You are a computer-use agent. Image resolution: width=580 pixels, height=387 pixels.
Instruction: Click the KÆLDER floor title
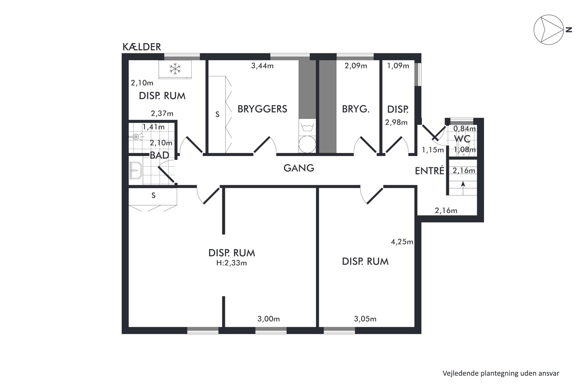point(142,47)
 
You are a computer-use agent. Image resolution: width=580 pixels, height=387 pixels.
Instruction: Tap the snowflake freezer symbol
point(175,69)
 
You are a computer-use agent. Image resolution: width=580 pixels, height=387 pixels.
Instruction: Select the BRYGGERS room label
point(262,109)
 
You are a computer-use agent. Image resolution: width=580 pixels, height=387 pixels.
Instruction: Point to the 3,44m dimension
point(262,66)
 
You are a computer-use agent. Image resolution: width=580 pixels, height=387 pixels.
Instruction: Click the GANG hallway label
point(299,168)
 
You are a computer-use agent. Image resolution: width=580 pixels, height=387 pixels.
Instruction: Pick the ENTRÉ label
point(430,171)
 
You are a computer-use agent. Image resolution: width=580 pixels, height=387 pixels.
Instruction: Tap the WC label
point(462,139)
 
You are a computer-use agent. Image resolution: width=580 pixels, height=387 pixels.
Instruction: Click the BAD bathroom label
point(159,155)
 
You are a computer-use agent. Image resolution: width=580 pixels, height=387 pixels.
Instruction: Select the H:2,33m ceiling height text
point(231,263)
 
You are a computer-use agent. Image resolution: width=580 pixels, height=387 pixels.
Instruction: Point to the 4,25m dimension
point(402,242)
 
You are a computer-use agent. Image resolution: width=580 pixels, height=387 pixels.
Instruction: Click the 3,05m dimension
point(365,319)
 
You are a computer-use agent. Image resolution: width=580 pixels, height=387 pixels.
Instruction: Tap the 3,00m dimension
point(268,319)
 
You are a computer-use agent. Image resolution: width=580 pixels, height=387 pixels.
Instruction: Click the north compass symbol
point(549,30)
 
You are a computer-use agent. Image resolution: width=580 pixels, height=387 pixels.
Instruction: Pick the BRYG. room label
point(356,109)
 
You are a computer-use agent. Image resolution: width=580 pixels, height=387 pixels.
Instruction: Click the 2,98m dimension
point(396,123)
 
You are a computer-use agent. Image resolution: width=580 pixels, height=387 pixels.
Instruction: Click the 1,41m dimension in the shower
point(153,127)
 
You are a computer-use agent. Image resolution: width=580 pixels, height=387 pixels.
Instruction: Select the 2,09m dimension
point(356,66)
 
